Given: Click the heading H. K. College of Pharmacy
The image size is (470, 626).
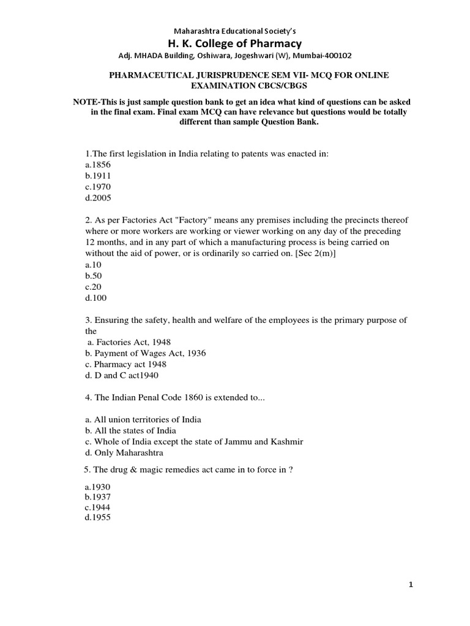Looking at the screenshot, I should (235, 43).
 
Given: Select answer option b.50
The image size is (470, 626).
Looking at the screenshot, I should (93, 276).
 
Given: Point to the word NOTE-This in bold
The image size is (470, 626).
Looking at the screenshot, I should (95, 101).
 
